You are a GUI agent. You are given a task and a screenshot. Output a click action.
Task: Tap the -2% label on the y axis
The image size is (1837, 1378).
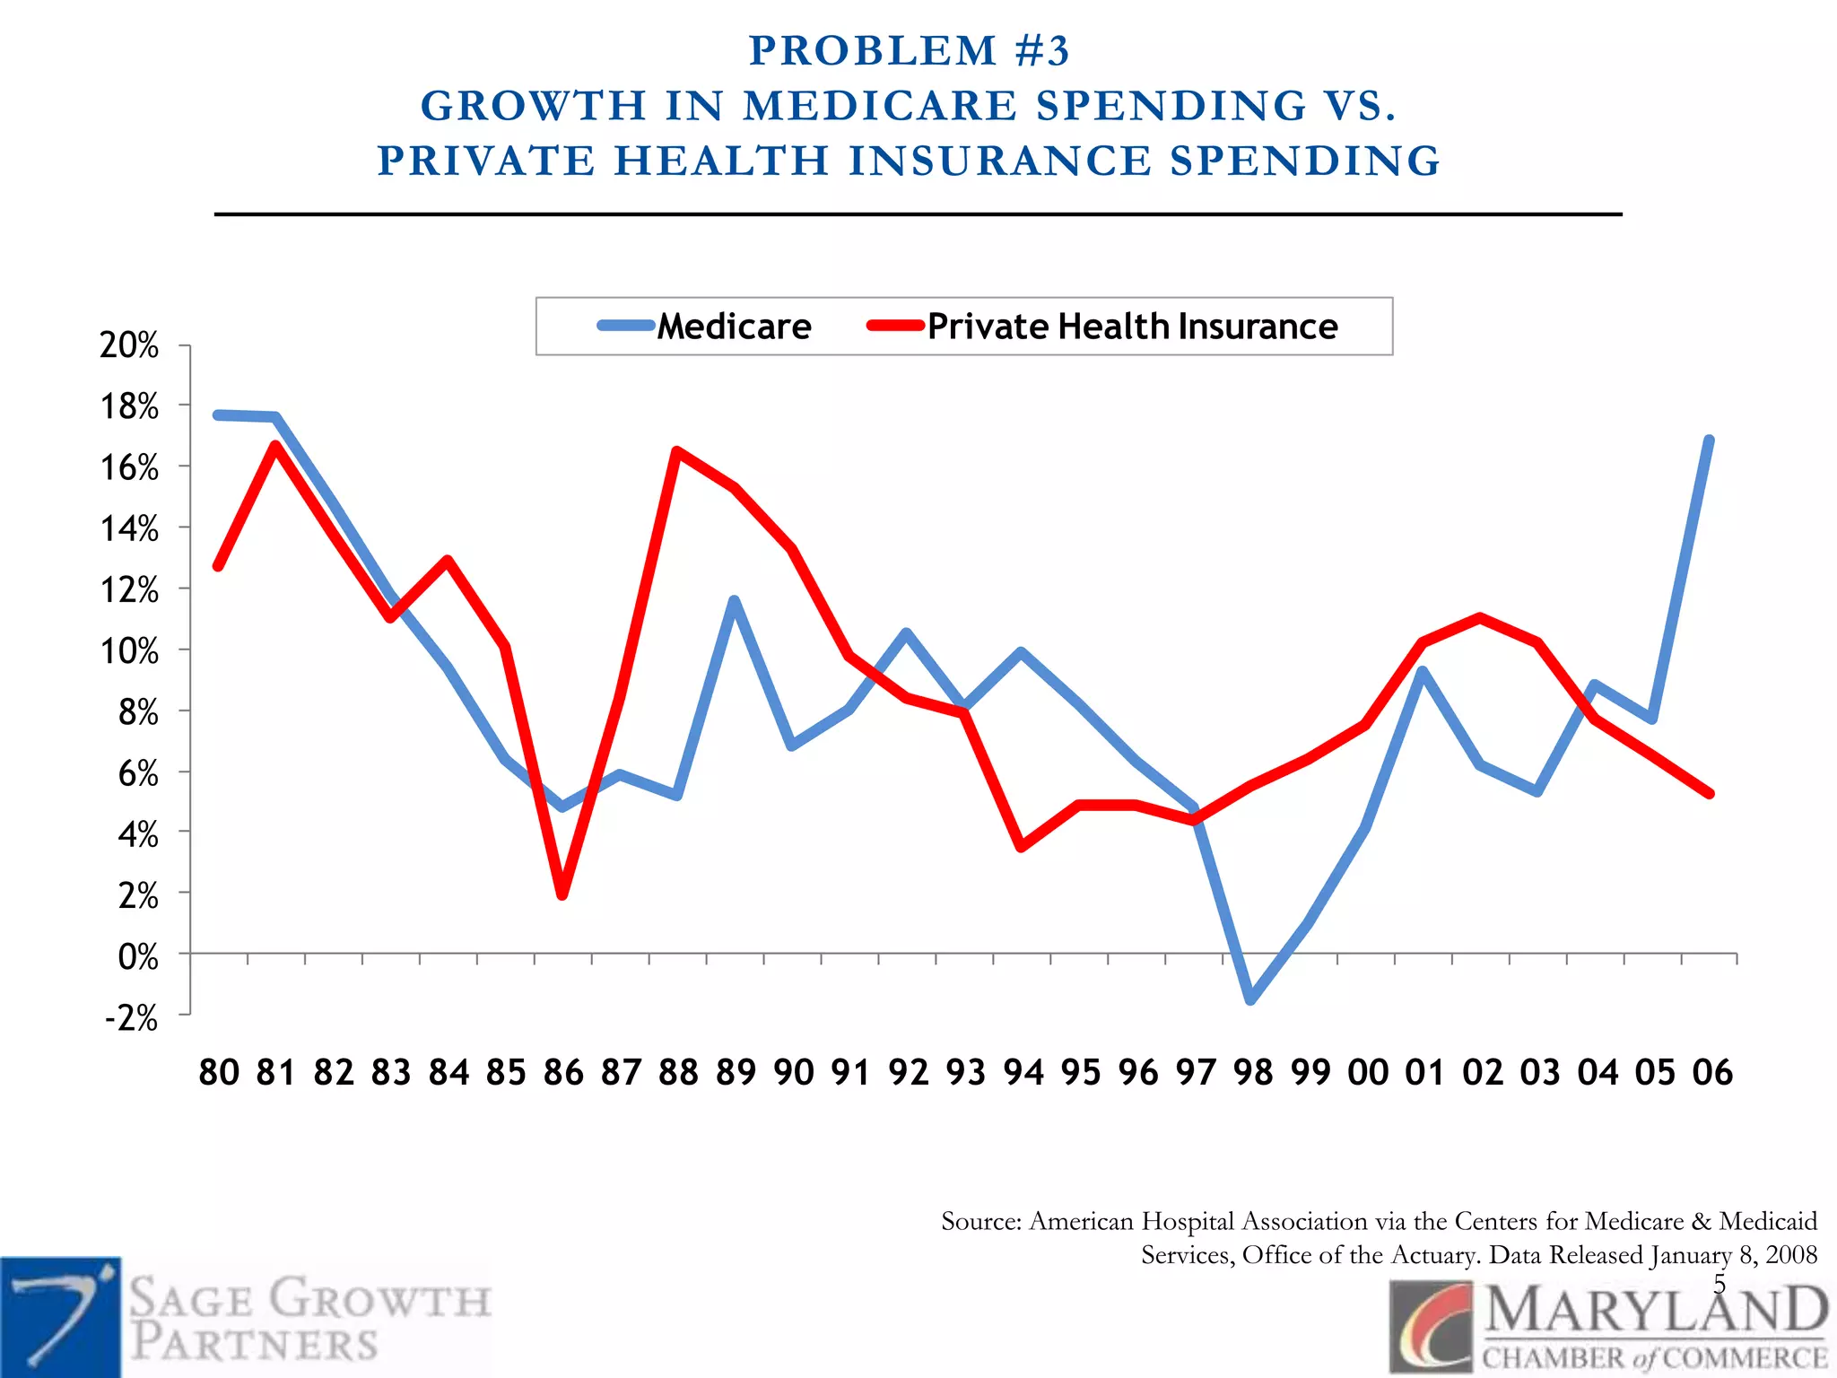click(x=131, y=1018)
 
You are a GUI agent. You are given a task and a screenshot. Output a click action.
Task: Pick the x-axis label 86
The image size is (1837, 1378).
click(x=563, y=1072)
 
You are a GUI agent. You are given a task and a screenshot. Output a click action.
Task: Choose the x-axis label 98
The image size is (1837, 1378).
click(x=1252, y=1072)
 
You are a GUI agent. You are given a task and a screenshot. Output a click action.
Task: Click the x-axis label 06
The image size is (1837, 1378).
click(x=1712, y=1072)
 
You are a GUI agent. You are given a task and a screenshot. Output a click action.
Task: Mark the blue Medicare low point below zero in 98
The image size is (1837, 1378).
click(x=1251, y=999)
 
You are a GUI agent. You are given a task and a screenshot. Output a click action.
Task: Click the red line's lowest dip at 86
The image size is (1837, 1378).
click(x=562, y=894)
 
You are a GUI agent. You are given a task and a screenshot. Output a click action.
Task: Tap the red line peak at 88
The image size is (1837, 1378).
click(x=677, y=451)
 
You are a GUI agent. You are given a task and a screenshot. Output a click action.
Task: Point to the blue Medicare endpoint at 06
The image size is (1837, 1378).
click(x=1709, y=440)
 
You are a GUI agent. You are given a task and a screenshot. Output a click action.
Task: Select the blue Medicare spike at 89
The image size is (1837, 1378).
click(x=735, y=600)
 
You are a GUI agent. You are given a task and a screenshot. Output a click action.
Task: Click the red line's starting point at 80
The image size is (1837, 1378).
click(x=218, y=566)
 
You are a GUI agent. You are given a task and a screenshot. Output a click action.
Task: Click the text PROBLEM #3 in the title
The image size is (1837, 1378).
click(x=909, y=51)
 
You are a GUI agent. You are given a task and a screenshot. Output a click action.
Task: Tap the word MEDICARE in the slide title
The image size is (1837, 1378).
click(x=880, y=106)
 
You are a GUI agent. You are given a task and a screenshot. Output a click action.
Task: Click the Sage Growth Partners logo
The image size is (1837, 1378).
click(x=247, y=1317)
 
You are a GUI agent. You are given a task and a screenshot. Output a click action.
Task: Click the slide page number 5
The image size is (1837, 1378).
click(x=1719, y=1284)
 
